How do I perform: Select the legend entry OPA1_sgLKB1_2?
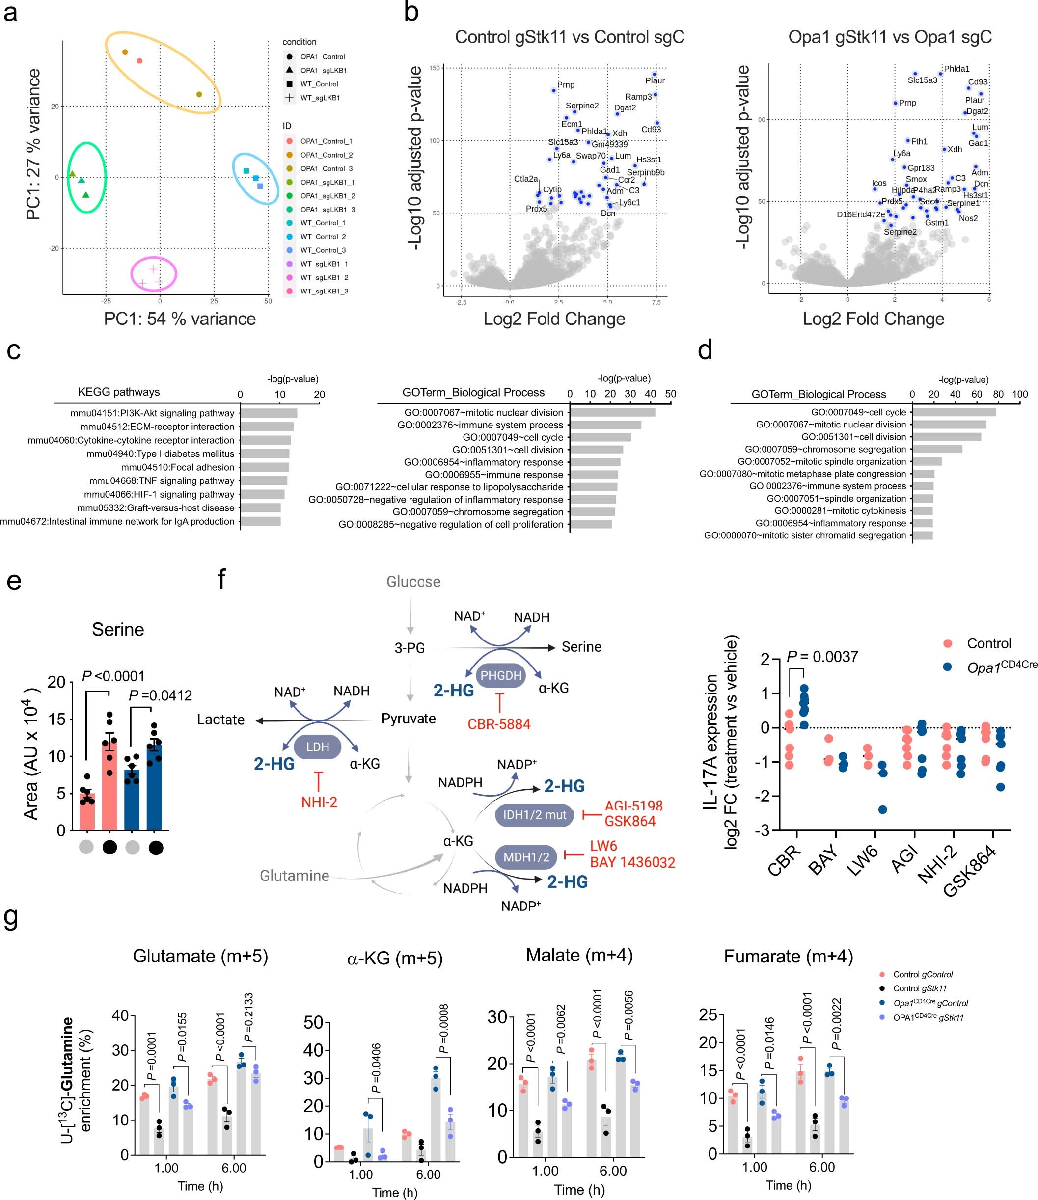(327, 196)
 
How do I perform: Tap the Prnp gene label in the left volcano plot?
(566, 85)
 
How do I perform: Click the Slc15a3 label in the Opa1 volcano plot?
(922, 80)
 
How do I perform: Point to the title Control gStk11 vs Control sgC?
(569, 37)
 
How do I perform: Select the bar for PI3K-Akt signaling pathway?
(269, 413)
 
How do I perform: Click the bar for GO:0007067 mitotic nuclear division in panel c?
(612, 412)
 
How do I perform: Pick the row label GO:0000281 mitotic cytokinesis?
(840, 511)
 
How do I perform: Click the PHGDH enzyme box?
(501, 675)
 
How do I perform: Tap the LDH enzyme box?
(317, 747)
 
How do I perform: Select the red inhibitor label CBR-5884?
(499, 724)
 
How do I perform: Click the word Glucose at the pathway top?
(413, 582)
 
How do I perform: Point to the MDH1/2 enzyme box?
(526, 856)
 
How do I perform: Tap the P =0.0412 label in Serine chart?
(160, 695)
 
